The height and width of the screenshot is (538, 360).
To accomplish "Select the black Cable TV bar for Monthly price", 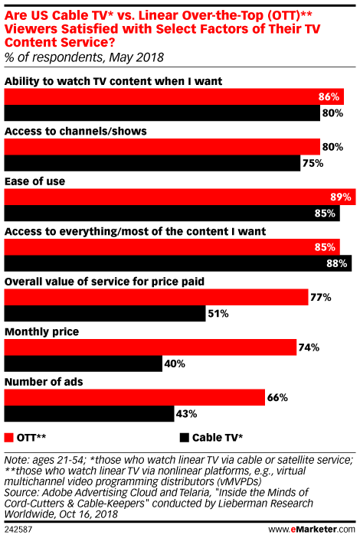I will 83,364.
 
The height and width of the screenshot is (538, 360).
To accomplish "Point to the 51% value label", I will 218,314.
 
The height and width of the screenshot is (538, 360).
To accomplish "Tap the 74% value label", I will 309,347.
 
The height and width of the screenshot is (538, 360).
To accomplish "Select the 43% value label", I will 186,413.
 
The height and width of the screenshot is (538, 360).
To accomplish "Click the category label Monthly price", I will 43,331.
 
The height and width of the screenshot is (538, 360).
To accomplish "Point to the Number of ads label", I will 44,381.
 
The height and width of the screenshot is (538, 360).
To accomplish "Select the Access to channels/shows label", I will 76,131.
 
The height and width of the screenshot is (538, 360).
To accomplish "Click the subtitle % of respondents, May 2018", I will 84,57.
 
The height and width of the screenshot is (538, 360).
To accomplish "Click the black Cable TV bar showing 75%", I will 152,163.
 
